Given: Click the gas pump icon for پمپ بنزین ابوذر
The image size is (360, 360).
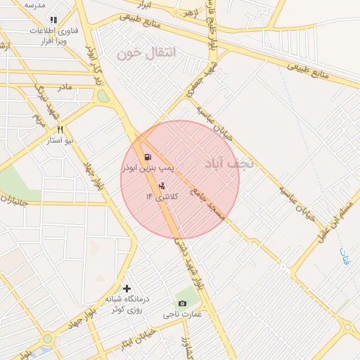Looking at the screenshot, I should click(x=147, y=157).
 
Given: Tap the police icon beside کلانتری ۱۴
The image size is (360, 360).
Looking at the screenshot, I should click(x=162, y=186).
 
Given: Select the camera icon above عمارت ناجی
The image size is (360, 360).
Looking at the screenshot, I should click(x=183, y=303).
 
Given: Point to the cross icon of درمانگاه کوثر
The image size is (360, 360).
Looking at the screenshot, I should click(x=127, y=288).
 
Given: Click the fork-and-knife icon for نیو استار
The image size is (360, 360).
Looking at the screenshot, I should click(x=61, y=129).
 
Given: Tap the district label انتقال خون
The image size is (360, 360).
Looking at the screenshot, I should click(x=148, y=53).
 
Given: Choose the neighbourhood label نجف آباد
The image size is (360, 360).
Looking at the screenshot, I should click(x=226, y=164).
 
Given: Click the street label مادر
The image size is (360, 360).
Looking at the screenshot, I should click(x=65, y=87).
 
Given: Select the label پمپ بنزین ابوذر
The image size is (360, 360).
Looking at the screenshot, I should click(x=147, y=169).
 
